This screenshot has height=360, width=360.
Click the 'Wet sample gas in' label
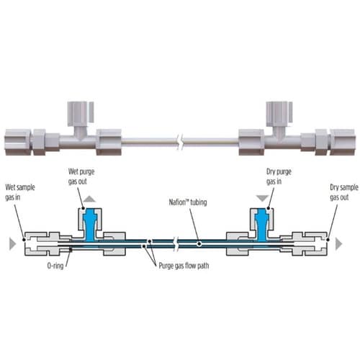point(20,192)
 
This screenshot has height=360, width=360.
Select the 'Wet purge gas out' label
point(81,176)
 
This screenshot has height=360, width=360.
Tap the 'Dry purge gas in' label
point(279,176)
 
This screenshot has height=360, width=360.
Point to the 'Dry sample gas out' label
point(344,192)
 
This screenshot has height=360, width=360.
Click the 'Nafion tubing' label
point(188,202)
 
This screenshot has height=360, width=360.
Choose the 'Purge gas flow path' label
point(184,266)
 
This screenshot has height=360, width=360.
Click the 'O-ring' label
point(55,266)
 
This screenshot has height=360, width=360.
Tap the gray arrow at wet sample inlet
point(12,244)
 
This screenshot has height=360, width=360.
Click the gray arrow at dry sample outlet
point(338,244)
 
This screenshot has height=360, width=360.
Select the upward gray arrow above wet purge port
point(90,199)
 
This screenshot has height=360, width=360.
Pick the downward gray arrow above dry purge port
point(262,199)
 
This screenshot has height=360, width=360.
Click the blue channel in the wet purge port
point(90,225)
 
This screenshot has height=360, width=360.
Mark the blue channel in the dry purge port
point(262,225)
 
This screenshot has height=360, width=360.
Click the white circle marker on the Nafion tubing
point(199,244)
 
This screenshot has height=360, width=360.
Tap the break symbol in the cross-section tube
point(176,244)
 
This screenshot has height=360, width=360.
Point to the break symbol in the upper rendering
point(181,142)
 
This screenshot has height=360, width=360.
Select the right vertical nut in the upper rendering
point(279,114)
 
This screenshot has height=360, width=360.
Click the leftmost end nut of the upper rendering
point(18,142)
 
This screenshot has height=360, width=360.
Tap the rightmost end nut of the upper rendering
point(342,142)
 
